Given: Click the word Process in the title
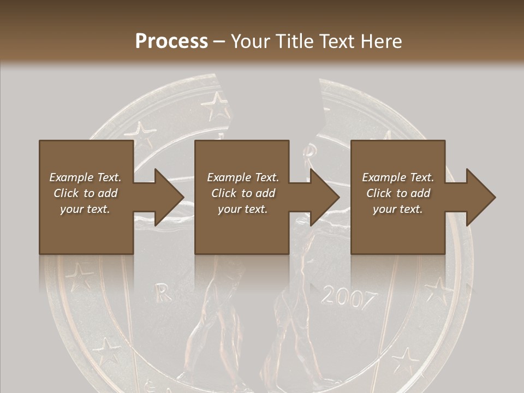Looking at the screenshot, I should point(171,41).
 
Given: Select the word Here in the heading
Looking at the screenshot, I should point(382,41).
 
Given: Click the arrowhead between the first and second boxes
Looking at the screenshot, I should point(166,197).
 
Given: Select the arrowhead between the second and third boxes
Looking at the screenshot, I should point(323,197).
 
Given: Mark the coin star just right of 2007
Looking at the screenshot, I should point(437,289).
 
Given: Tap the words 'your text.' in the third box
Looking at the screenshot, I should point(398,209).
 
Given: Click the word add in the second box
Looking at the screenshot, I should point(266,193).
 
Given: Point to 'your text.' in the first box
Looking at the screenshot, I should point(85,209).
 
